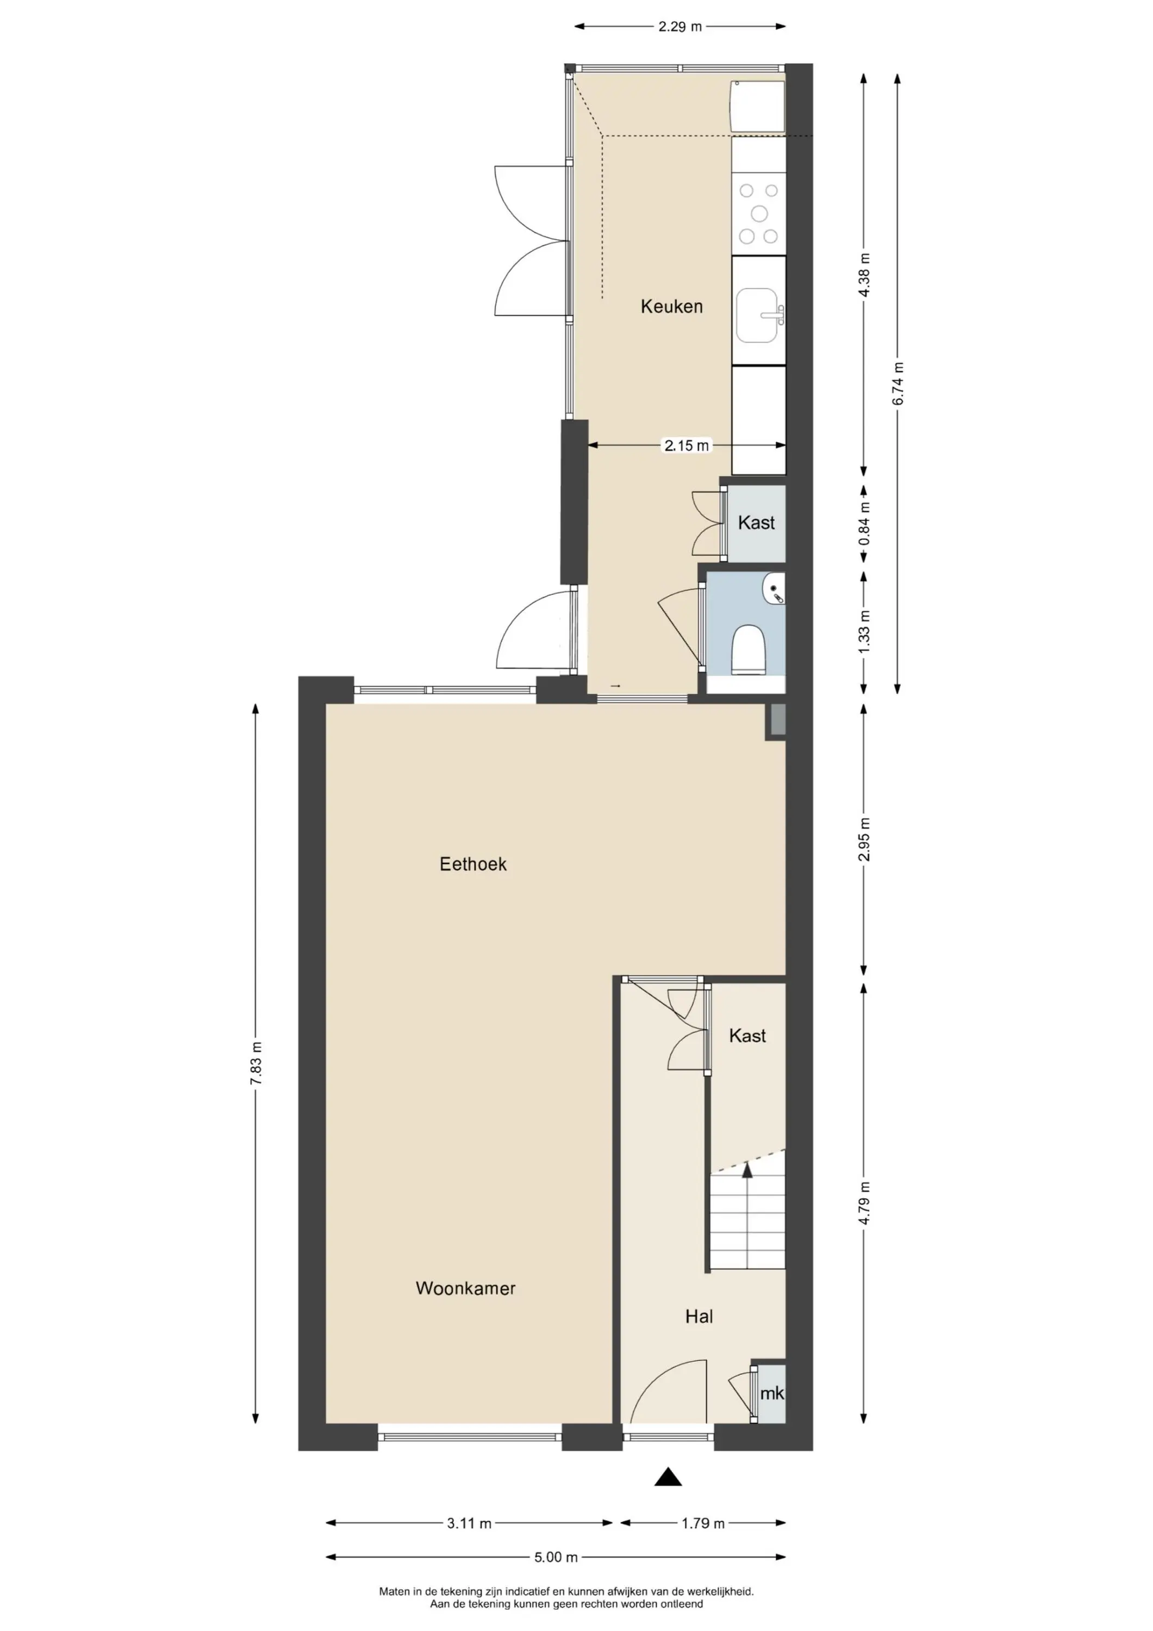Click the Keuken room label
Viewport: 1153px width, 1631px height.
[x=671, y=306]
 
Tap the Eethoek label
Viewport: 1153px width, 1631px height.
[x=473, y=864]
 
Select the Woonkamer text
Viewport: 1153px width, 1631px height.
[x=465, y=1288]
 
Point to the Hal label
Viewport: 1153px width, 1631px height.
[x=699, y=1316]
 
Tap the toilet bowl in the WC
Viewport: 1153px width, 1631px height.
[x=748, y=648]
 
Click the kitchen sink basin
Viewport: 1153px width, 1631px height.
[x=757, y=315]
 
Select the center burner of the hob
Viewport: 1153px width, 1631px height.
[x=759, y=213]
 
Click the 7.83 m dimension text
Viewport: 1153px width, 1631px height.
[x=257, y=1063]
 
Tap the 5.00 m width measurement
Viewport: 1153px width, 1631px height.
[x=556, y=1557]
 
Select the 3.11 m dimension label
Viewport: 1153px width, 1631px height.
[x=470, y=1523]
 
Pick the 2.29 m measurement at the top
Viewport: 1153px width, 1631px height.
[x=680, y=27]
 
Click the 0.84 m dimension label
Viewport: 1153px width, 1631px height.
[x=864, y=524]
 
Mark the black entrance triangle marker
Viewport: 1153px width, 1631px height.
[x=668, y=1476]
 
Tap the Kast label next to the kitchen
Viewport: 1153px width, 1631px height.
[x=757, y=523]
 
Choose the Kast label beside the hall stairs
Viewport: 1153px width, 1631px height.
[x=747, y=1036]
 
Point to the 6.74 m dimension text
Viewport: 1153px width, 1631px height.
[x=899, y=384]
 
